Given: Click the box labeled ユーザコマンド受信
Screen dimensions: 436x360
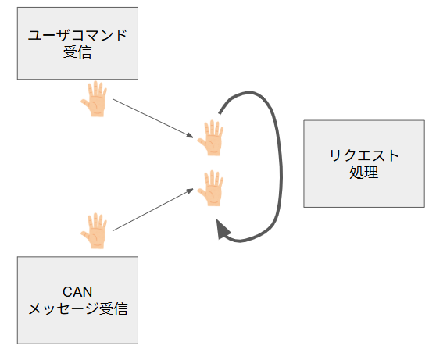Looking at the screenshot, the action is (77, 44).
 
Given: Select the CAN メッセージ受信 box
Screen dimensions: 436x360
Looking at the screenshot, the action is (77, 300).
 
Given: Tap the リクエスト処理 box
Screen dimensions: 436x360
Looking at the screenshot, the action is (364, 164).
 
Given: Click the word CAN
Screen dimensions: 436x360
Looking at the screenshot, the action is (77, 292).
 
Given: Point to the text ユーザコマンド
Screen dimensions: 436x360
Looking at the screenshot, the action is (77, 36).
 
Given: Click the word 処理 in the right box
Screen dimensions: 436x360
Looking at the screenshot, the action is (363, 173).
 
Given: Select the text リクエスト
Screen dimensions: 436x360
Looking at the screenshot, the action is (364, 155).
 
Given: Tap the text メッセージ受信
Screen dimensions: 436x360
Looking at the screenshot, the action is (78, 308).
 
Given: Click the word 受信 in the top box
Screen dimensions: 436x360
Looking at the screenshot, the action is (77, 52).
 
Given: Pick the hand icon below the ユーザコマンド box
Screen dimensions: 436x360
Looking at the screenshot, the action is (95, 99).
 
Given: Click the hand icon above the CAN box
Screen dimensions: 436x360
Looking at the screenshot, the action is (95, 230).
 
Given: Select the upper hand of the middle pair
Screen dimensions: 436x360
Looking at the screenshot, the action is (211, 138).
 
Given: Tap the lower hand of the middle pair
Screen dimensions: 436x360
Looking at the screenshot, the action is (211, 188).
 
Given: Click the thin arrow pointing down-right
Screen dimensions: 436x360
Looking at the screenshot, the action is (152, 118).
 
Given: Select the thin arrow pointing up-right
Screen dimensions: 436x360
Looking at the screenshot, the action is (152, 209).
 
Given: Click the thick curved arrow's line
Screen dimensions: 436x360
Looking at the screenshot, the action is (281, 167).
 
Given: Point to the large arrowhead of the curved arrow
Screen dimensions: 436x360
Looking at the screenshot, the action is (223, 230).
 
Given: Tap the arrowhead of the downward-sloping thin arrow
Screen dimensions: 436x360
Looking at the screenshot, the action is (190, 136).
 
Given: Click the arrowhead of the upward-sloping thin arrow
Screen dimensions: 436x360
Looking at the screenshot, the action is (190, 191).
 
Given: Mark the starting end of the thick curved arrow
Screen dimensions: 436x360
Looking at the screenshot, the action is (220, 113).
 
